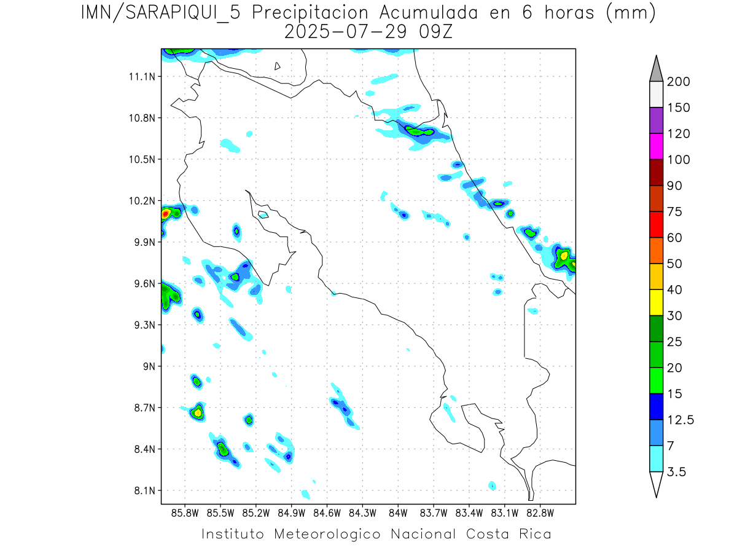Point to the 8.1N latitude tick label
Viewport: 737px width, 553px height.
[x=143, y=491]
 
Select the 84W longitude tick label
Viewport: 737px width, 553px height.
[x=398, y=512]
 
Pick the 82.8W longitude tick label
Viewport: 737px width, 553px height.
[x=540, y=512]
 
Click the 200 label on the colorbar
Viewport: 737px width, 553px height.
[x=679, y=82]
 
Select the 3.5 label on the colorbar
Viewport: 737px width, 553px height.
[x=677, y=472]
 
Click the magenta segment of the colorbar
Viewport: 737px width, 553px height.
[x=655, y=146]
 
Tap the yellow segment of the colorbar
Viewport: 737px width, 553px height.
[x=655, y=302]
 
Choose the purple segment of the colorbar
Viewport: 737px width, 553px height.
[x=655, y=120]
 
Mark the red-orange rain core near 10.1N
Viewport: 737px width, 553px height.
[x=165, y=214]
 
